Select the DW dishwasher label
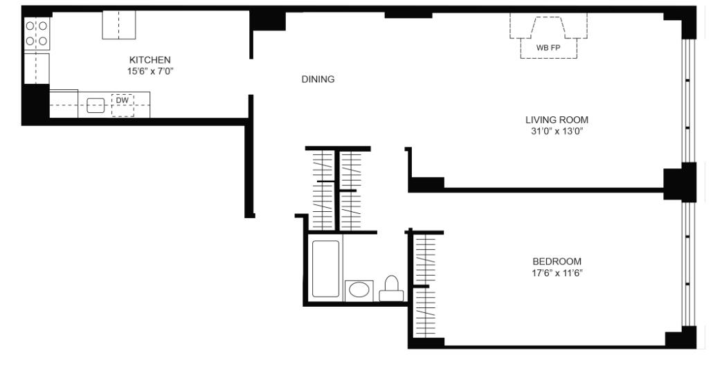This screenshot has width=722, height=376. (x=122, y=100)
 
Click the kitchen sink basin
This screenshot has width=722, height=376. (x=95, y=106)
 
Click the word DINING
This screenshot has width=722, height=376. (x=318, y=80)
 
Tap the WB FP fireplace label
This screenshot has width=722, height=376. (x=548, y=49)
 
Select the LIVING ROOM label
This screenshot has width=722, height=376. (x=557, y=120)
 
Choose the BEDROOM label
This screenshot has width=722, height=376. (x=557, y=261)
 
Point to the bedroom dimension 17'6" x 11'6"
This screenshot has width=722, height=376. (x=557, y=272)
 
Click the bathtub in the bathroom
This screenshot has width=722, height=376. (x=325, y=269)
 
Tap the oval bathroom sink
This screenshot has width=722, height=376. (x=359, y=289)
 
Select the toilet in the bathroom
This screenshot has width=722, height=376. (x=391, y=288)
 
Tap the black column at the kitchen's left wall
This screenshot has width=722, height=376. (x=35, y=102)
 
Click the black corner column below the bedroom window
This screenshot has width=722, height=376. (x=679, y=338)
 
